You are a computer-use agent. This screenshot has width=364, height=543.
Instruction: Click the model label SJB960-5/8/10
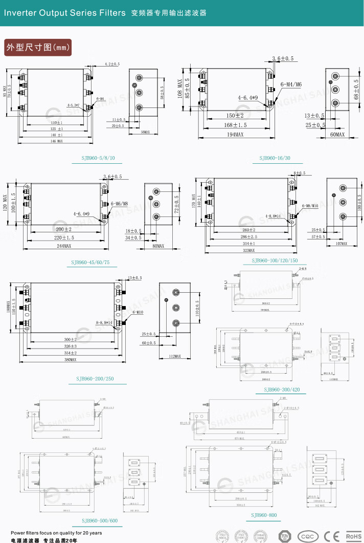(x=101, y=159)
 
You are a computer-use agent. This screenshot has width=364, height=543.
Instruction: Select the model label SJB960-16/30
(x=275, y=158)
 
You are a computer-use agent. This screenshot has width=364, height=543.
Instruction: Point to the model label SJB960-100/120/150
(x=275, y=260)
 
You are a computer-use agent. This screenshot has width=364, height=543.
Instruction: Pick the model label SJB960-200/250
(x=97, y=379)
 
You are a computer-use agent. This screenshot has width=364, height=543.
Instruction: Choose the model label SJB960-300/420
(x=282, y=390)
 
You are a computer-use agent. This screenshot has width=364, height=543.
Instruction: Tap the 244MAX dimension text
(x=64, y=246)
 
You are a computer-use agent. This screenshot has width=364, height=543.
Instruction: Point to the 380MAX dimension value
(x=71, y=360)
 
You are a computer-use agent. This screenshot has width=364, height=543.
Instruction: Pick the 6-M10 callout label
(x=137, y=312)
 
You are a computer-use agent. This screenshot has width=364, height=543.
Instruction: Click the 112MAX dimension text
(x=174, y=356)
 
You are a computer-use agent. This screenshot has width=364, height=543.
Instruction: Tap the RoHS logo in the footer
(x=353, y=535)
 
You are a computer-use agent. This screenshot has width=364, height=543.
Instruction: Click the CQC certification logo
(x=308, y=535)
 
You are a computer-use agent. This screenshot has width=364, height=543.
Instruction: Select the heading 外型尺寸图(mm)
(x=37, y=47)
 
